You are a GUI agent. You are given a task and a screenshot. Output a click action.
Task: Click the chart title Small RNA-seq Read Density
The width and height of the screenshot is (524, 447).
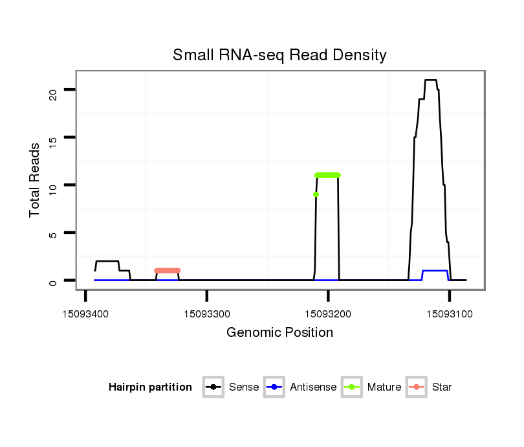(x=279, y=55)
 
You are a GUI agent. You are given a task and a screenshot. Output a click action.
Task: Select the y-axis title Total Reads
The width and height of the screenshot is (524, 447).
(x=35, y=179)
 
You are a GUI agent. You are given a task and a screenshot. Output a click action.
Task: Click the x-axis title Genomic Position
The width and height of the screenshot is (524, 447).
(x=279, y=333)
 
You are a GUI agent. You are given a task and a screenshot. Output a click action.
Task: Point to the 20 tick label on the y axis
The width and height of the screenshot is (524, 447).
(x=54, y=90)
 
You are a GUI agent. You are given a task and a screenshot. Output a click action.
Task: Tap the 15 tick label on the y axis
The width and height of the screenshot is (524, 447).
(x=54, y=138)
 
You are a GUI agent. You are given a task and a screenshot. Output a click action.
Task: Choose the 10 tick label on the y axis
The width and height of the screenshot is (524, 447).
(x=54, y=185)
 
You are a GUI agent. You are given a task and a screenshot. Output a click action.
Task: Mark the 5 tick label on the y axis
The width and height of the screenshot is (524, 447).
(x=54, y=233)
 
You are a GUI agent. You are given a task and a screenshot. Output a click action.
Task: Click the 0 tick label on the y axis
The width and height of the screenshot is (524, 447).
(x=54, y=281)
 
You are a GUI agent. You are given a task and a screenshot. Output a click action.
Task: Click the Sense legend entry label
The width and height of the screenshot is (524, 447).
(x=244, y=387)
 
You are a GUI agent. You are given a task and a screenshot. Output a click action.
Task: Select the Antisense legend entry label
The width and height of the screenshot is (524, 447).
(x=313, y=387)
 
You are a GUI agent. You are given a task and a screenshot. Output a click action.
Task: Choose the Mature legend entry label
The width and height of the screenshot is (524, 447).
(x=384, y=387)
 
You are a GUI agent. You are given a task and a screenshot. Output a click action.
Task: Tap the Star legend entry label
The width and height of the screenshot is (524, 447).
(x=442, y=387)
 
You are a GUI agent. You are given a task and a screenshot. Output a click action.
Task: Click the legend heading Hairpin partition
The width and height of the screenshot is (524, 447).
(x=150, y=387)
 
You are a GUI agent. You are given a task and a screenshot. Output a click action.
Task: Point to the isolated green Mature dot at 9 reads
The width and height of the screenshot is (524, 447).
(x=316, y=194)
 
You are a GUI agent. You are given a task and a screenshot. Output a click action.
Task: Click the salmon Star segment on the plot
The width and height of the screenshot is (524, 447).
(x=168, y=271)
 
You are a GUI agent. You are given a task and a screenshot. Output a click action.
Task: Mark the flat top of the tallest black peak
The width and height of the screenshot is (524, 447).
(x=430, y=80)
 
